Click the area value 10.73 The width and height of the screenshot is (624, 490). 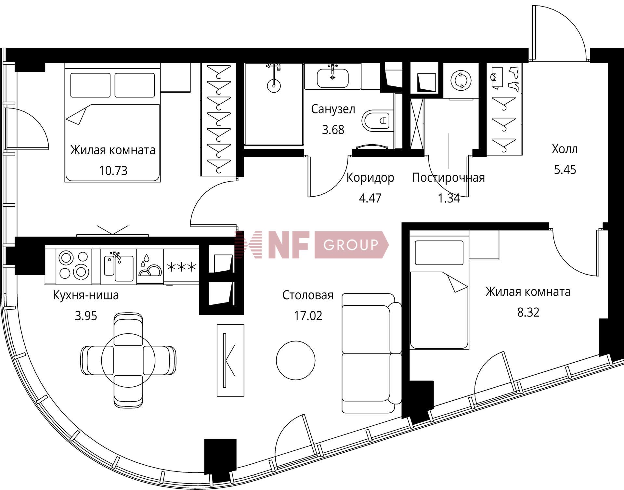[x=113, y=171]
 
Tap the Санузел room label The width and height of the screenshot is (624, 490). [x=333, y=109]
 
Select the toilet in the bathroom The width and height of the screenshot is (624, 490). [x=375, y=121]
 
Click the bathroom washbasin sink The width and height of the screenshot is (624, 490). [x=332, y=78]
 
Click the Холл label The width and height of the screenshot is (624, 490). [x=565, y=149]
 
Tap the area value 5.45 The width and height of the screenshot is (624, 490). [x=565, y=170]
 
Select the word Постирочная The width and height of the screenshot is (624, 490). [x=448, y=178]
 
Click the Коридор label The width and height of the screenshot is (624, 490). [x=370, y=178]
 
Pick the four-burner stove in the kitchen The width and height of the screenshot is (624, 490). [x=74, y=265]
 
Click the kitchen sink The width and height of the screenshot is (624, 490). [x=119, y=266]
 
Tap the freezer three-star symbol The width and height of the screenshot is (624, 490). [x=181, y=267]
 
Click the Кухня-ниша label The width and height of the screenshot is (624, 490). [x=86, y=295]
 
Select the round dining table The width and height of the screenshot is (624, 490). [x=128, y=360]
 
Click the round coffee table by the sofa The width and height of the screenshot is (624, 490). [x=296, y=360]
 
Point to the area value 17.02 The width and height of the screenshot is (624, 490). [x=308, y=316]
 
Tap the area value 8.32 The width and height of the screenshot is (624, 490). [x=528, y=312]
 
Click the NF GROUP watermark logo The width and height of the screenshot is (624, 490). [x=312, y=245]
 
